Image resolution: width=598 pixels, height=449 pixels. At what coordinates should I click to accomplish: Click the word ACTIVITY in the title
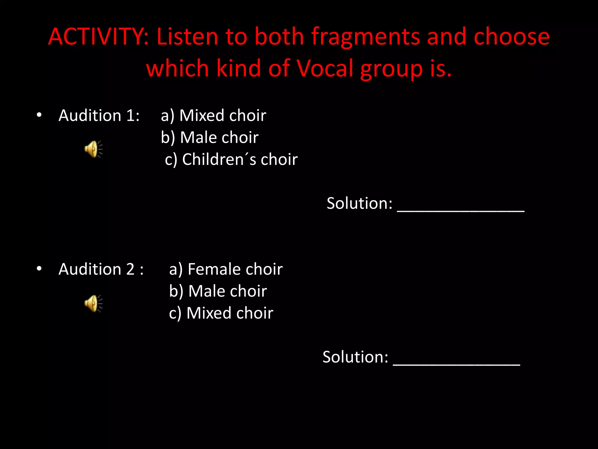98,37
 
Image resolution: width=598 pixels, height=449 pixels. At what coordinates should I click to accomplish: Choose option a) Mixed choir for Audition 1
213,115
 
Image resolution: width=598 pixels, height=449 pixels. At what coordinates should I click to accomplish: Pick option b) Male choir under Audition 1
210,137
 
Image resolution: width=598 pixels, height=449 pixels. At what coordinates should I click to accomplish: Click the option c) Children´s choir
231,159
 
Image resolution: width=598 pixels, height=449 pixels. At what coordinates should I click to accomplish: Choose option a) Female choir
226,269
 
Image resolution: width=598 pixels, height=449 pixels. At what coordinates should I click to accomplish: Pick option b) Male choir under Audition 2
218,291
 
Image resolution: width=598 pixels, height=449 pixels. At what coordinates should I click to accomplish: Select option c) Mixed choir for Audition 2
221,313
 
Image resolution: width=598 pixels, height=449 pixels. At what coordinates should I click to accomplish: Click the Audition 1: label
99,115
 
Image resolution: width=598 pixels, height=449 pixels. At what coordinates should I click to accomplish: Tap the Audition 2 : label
101,269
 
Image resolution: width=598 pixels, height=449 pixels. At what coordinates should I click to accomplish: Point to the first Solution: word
359,203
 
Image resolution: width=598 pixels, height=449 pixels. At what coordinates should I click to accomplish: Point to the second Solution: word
355,357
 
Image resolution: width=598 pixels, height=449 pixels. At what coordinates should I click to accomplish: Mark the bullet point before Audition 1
39,115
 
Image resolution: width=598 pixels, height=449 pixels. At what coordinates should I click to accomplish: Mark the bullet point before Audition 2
39,269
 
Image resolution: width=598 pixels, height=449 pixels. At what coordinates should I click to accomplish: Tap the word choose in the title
512,37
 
